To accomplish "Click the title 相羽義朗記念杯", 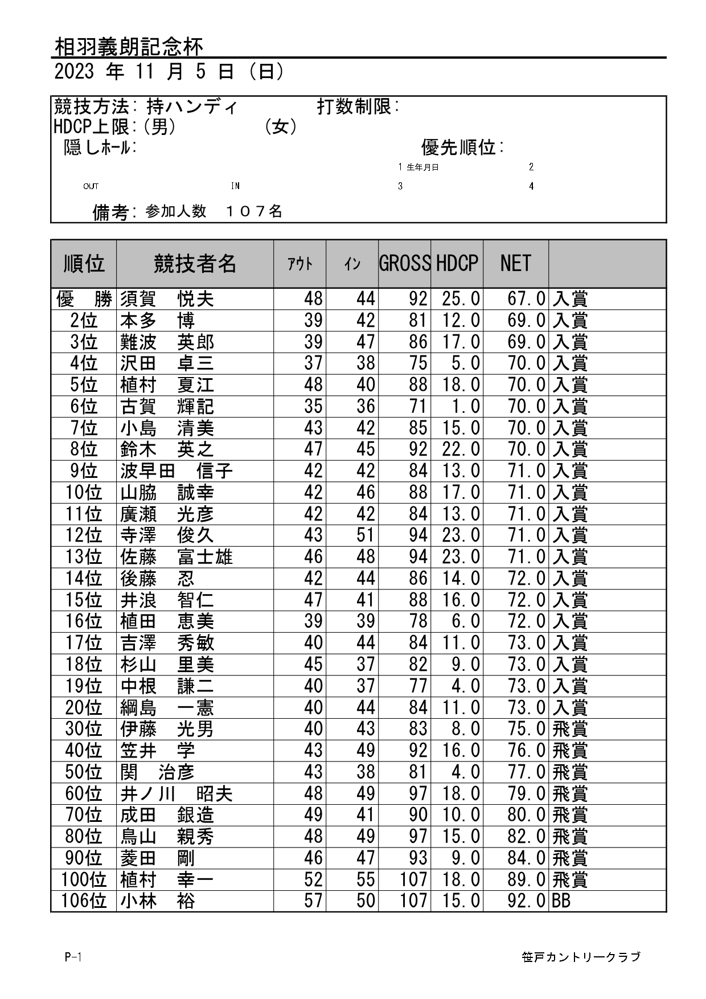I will tap(129, 47).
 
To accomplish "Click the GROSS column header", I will tap(404, 264).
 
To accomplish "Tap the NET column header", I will tap(515, 264).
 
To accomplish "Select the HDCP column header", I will tap(457, 264).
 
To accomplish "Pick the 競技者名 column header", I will tap(195, 264).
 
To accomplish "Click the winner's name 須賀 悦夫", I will tap(167, 299).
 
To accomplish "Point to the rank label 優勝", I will tap(84, 299).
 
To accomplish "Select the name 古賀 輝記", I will tap(167, 407).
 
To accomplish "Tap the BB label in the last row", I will tap(561, 901).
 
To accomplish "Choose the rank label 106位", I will tap(84, 901).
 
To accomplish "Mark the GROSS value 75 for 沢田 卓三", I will tap(418, 363).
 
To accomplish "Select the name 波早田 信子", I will tap(176, 471).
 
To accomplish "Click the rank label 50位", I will tap(84, 772).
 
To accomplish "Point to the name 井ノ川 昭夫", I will tap(176, 794).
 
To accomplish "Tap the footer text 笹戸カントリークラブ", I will tap(581, 957).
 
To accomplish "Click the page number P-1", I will tap(73, 957).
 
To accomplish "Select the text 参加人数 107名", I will tap(214, 212).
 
